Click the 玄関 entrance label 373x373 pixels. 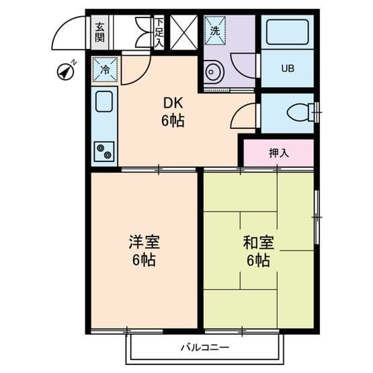[x=100, y=32]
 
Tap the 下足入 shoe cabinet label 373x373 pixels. [x=159, y=32]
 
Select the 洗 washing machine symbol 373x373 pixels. [x=215, y=30]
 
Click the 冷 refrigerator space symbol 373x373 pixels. [x=105, y=69]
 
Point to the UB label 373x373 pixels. [x=288, y=69]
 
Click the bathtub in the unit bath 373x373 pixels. [x=288, y=32]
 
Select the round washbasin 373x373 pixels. [x=214, y=71]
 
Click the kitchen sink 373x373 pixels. [x=104, y=101]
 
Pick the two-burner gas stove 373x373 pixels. [x=104, y=151]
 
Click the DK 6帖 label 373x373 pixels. [x=173, y=112]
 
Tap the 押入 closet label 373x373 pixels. [x=278, y=153]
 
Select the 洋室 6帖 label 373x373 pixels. [x=144, y=250]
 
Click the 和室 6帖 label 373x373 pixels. [x=258, y=250]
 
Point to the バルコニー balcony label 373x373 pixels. [x=205, y=347]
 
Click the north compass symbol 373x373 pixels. [x=67, y=71]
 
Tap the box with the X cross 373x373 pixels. [x=183, y=32]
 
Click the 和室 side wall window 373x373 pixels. [x=317, y=217]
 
